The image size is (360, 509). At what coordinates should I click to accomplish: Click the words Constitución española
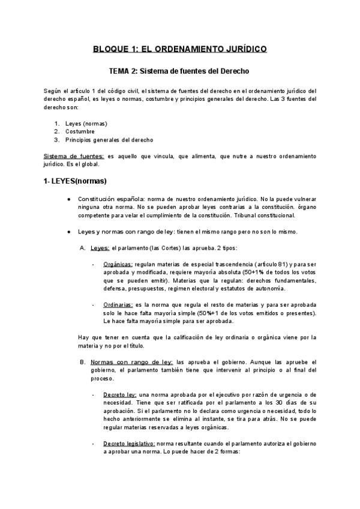[110, 199]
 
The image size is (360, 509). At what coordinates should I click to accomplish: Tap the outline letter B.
[83, 362]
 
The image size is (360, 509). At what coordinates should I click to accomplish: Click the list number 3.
[56, 140]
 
